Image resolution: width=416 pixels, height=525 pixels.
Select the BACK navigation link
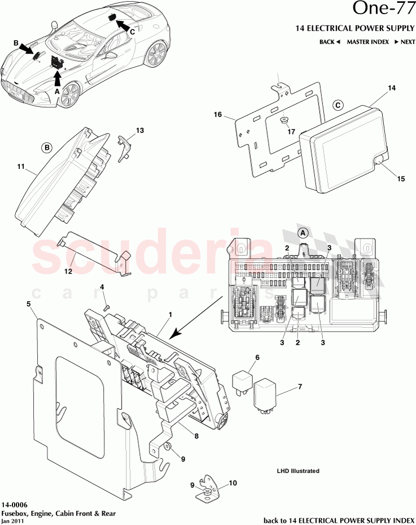point(330,42)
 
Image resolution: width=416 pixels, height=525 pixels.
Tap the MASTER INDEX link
point(367,42)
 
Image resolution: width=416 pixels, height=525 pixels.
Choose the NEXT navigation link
point(405,42)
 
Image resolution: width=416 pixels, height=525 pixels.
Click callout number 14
point(392,88)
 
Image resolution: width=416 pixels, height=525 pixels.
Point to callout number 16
point(217,115)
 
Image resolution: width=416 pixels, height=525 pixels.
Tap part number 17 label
point(291,132)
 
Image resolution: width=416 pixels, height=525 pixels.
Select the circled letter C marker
point(338,105)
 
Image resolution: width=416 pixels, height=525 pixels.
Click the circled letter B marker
point(47,147)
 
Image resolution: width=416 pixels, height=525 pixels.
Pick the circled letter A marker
point(303,232)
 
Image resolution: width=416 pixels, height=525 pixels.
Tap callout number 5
point(28,303)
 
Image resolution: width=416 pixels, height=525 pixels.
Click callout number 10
point(233,484)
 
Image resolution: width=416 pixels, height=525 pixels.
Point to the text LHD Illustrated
point(297,471)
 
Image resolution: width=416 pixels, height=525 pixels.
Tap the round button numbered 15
point(378,162)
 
